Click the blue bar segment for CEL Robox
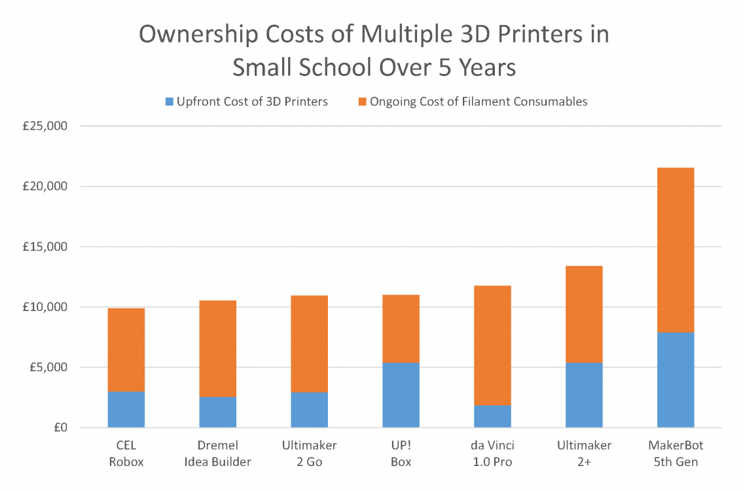(126, 409)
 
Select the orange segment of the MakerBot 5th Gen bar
(676, 250)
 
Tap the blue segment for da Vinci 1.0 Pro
(492, 416)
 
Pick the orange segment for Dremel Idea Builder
(218, 348)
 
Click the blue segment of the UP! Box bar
(401, 395)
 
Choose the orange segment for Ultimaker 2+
(584, 314)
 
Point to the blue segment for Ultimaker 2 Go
(310, 410)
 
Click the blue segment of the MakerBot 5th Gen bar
(676, 380)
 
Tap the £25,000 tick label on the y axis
(45, 126)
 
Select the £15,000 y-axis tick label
(45, 247)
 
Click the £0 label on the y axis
(58, 428)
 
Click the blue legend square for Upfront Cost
(170, 101)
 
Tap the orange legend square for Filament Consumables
(362, 101)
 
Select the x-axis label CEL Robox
(126, 454)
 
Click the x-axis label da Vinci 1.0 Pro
(492, 454)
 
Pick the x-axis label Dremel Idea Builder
(218, 454)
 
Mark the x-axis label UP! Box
(401, 454)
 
